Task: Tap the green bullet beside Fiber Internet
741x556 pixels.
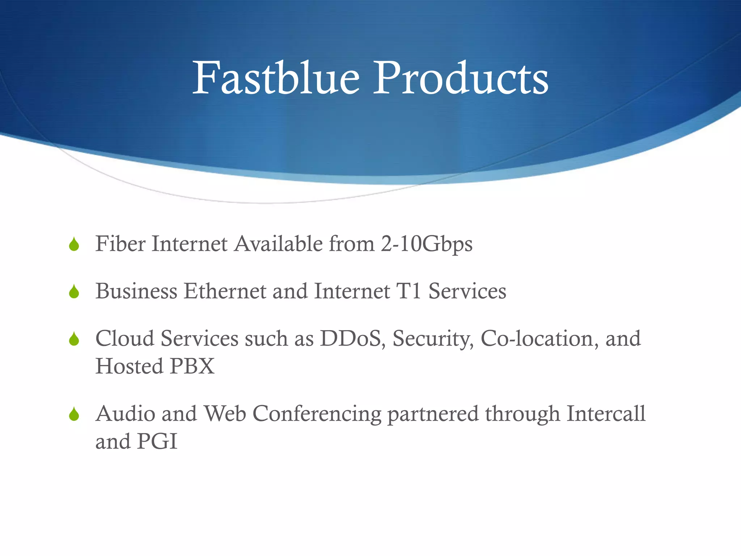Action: click(74, 244)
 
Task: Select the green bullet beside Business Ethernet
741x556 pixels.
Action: click(74, 291)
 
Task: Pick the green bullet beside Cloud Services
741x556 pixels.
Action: click(74, 339)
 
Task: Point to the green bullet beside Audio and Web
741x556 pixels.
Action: click(74, 414)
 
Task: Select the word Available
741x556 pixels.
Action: click(279, 244)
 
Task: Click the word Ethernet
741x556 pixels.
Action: click(225, 291)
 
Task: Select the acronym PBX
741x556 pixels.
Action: click(192, 366)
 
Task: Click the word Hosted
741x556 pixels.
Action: click(129, 366)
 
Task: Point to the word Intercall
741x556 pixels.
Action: click(606, 413)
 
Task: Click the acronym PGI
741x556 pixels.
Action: click(157, 441)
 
